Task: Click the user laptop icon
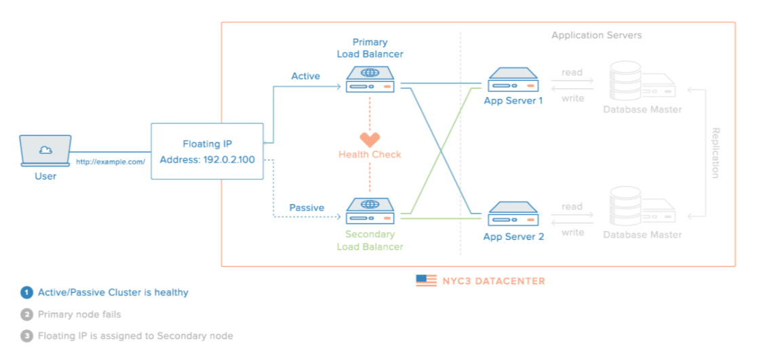(x=45, y=150)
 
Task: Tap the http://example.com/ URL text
(x=111, y=162)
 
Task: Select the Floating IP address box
(x=207, y=151)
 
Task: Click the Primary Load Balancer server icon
(x=370, y=79)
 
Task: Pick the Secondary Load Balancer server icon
(x=370, y=209)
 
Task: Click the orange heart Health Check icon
(x=370, y=139)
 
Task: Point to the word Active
(x=305, y=77)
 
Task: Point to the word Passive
(x=307, y=207)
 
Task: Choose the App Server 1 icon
(x=513, y=80)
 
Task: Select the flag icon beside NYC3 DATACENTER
(x=426, y=280)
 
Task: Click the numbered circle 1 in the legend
(x=26, y=293)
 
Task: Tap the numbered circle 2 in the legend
(x=26, y=315)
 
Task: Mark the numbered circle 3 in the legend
(x=26, y=336)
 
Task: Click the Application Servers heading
(x=596, y=35)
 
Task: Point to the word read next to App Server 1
(x=572, y=73)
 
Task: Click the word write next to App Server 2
(x=572, y=233)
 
